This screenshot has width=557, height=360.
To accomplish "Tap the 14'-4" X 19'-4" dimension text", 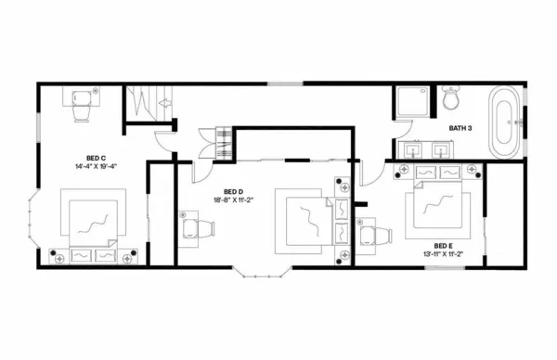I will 97,166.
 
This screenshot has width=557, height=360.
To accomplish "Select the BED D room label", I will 233,190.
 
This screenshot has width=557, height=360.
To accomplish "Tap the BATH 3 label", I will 463,127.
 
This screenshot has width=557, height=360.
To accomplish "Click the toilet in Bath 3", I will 452,98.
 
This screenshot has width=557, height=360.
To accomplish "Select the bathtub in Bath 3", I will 505,122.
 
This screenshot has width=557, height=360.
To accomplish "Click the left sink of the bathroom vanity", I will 411,148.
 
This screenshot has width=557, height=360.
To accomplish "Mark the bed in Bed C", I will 91,223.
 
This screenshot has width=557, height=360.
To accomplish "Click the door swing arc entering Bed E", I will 369,172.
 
